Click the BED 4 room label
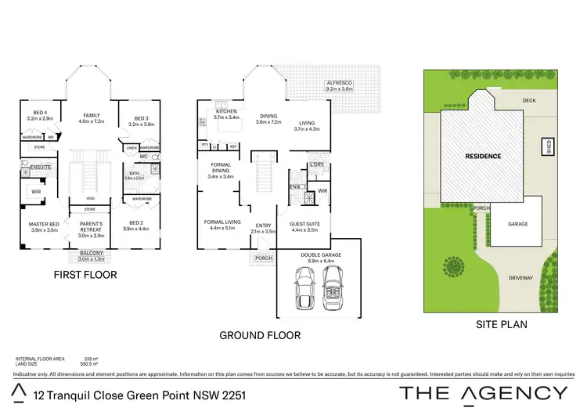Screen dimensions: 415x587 (x=38, y=114)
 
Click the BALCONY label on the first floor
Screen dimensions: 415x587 (x=91, y=255)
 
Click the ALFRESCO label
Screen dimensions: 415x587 (x=340, y=86)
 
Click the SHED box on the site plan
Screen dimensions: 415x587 (x=549, y=147)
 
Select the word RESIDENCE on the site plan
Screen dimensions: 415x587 (x=483, y=156)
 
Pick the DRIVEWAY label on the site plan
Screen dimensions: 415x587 (x=520, y=277)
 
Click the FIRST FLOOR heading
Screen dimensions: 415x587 (x=85, y=275)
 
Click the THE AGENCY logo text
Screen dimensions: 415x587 (x=484, y=393)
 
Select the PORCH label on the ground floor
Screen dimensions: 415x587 (x=264, y=258)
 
